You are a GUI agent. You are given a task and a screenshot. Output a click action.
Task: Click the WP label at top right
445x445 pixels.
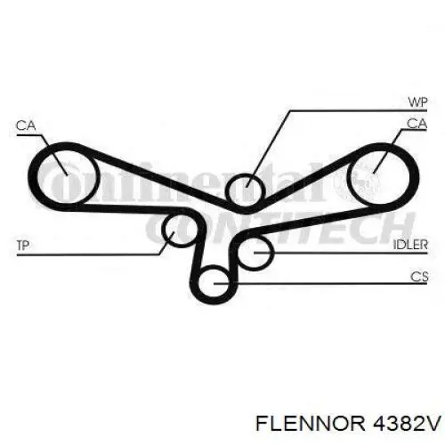[x=417, y=102]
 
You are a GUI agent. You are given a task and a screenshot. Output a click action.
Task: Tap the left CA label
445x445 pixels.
[x=26, y=125]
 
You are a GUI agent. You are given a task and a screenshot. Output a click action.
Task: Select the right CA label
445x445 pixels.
[x=417, y=124]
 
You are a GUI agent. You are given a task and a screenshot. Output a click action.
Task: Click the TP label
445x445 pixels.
[x=23, y=246]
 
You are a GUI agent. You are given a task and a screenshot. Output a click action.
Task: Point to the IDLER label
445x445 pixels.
[x=410, y=245]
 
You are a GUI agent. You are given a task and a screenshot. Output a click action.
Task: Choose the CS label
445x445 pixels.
[x=419, y=277]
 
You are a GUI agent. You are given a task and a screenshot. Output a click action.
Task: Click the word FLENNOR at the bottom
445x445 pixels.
[x=310, y=423]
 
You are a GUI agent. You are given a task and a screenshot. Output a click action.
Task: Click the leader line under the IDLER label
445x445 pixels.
[x=341, y=253]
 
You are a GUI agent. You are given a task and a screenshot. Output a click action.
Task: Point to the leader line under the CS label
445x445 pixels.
[x=320, y=284]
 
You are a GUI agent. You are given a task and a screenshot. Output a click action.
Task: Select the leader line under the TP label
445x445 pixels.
[x=88, y=255]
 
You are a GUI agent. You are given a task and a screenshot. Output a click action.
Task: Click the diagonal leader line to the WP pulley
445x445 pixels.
[x=268, y=149]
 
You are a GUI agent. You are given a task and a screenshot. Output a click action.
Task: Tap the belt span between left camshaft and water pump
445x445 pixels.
[x=154, y=175]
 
